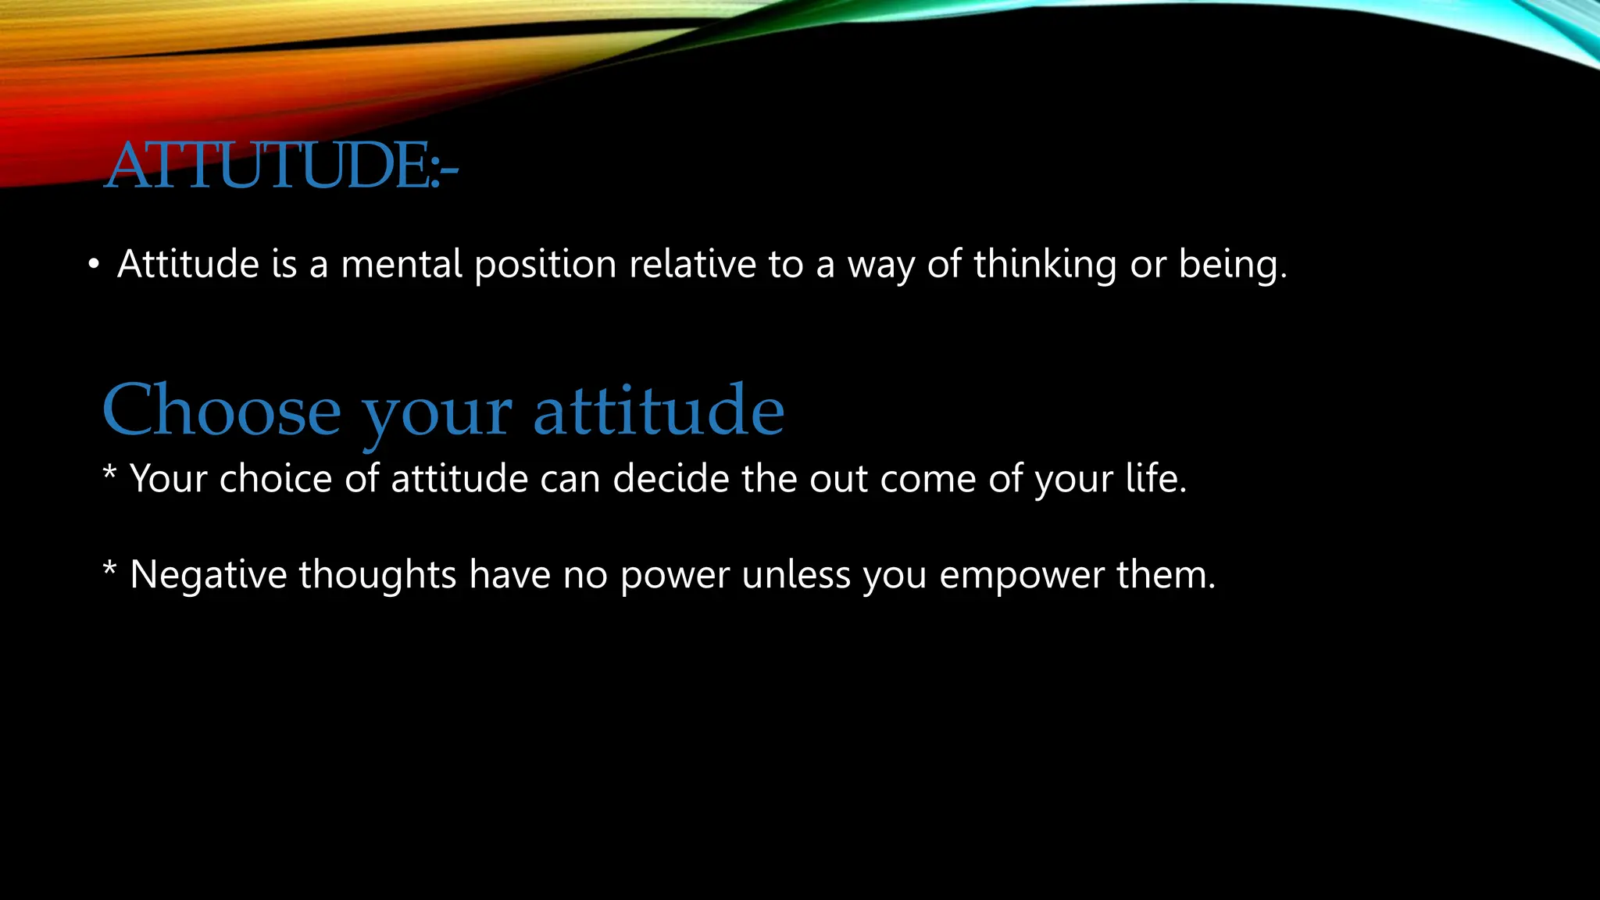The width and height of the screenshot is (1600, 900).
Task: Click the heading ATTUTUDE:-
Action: tap(281, 166)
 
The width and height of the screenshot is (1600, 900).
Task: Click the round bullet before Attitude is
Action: tap(94, 266)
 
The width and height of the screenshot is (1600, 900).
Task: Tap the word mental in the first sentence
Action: tap(402, 264)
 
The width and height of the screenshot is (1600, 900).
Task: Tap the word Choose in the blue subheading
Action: tap(222, 411)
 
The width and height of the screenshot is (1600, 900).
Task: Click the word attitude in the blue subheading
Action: tap(658, 411)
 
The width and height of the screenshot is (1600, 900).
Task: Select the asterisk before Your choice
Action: tap(110, 474)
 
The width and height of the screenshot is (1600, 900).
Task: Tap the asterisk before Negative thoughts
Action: tap(110, 570)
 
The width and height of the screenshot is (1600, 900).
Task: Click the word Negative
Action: tap(209, 575)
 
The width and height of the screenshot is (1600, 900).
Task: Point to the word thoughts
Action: tap(377, 576)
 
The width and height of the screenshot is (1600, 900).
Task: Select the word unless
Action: tap(795, 575)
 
